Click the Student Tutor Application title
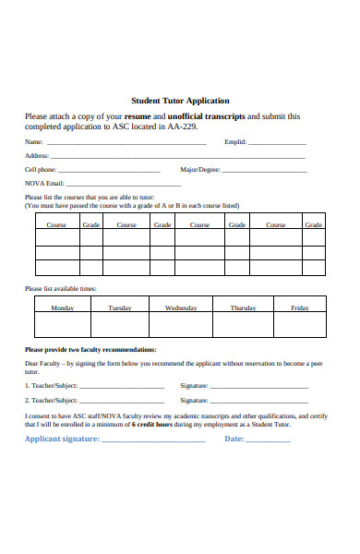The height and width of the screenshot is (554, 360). point(180,101)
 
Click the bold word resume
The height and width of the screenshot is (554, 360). point(138,116)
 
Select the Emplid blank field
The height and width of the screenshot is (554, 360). point(277,144)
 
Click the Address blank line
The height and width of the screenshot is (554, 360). point(176,158)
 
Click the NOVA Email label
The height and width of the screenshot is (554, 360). point(44,184)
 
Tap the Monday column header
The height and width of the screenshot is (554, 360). point(63,307)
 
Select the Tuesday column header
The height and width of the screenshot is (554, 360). point(120,307)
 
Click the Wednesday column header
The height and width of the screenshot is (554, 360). point(181,307)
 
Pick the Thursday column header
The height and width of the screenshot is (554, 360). point(243,307)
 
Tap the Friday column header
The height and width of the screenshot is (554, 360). point(300,307)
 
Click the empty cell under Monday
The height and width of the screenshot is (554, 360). point(63,325)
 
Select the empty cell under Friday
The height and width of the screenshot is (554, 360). point(300,325)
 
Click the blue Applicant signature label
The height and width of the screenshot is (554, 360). point(62,440)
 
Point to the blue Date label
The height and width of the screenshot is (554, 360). point(234,440)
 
